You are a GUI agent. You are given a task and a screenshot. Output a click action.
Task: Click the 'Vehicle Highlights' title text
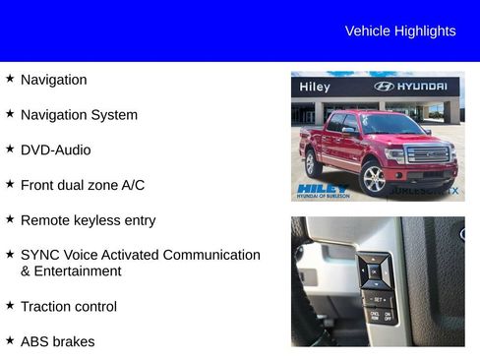(x=399, y=31)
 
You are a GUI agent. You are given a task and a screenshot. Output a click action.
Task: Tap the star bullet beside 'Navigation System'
(x=10, y=114)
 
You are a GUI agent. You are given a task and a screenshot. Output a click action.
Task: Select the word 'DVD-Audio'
(x=55, y=150)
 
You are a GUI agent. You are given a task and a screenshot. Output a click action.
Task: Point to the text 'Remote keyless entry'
(x=88, y=220)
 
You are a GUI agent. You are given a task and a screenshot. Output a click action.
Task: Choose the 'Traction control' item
(x=68, y=307)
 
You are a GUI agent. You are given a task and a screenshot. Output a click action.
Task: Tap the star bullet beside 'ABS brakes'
(x=10, y=341)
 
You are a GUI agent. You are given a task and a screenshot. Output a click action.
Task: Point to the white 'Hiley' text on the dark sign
(x=315, y=88)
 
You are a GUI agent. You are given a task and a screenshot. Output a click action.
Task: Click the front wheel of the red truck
(x=374, y=178)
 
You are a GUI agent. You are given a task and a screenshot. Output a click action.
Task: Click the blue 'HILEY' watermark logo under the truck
(x=322, y=189)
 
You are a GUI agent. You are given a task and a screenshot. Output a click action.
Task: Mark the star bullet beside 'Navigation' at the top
(x=10, y=79)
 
